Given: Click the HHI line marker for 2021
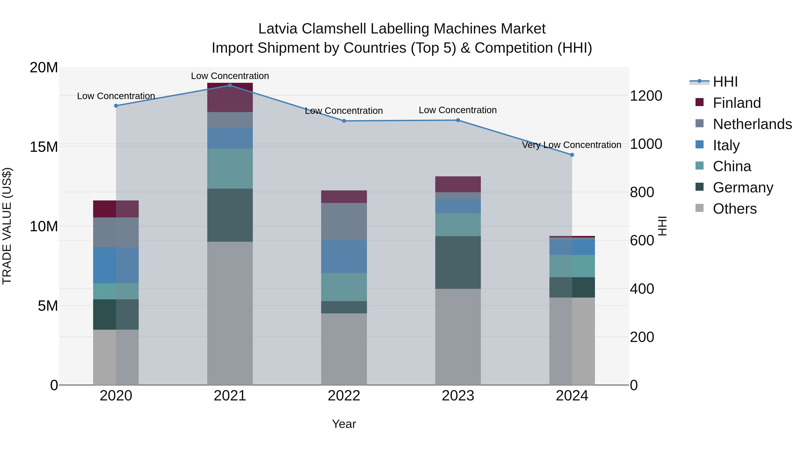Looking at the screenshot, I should [230, 85].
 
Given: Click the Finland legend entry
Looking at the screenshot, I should [737, 103].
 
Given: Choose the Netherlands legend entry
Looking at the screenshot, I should [752, 124].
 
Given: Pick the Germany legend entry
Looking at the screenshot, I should [743, 187].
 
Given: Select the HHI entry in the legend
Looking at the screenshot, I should [725, 82].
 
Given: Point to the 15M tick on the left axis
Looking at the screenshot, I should [44, 147].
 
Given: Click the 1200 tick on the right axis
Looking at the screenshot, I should [646, 96].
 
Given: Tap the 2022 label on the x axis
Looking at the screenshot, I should [344, 396].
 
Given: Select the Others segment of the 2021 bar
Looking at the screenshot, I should [230, 313].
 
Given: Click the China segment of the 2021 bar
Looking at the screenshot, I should [230, 169].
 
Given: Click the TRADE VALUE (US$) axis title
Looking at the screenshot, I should [7, 226].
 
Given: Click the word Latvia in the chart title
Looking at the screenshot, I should [278, 29].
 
